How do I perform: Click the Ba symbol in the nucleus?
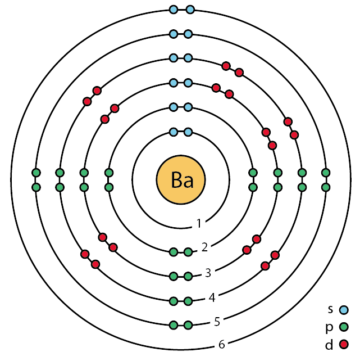pyautogui.click(x=181, y=180)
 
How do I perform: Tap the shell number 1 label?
pyautogui.click(x=199, y=224)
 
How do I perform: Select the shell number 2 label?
pyautogui.click(x=205, y=247)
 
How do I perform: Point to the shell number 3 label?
pyautogui.click(x=208, y=273)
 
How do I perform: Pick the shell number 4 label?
pyautogui.click(x=212, y=297)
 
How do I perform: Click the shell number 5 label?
pyautogui.click(x=217, y=322)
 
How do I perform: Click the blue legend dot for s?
pyautogui.click(x=344, y=309)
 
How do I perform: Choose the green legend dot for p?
pyautogui.click(x=344, y=326)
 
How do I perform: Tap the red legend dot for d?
pyautogui.click(x=344, y=343)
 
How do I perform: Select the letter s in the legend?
pyautogui.click(x=331, y=309)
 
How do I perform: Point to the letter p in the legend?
pyautogui.click(x=331, y=327)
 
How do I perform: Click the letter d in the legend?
pyautogui.click(x=331, y=342)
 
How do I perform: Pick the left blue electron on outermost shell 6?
pyautogui.click(x=174, y=10)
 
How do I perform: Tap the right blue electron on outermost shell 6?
pyautogui.click(x=190, y=10)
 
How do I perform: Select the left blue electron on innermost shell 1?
pyautogui.click(x=174, y=132)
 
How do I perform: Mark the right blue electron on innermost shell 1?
pyautogui.click(x=188, y=132)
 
